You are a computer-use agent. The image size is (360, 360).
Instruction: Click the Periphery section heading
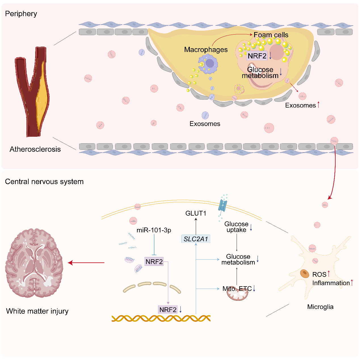pos(21,14)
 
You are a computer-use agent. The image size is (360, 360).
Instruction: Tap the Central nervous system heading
pos(44,182)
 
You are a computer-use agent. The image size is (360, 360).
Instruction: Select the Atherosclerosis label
pos(35,149)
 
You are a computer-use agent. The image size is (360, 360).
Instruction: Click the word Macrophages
pos(206,50)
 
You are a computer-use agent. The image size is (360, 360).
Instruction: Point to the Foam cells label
pos(271,35)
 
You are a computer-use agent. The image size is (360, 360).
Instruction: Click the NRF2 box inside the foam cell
pos(257,56)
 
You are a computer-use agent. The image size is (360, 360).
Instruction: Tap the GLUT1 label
pos(196,213)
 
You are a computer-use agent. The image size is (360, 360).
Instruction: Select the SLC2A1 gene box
pos(196,239)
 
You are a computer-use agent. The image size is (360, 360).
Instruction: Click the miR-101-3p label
pos(154,230)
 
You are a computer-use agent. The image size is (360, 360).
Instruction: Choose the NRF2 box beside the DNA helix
pos(168,310)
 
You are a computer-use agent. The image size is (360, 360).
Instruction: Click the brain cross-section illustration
pos(34,263)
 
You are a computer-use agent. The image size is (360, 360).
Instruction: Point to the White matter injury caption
pos(37,311)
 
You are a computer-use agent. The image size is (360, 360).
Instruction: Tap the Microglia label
pos(320,307)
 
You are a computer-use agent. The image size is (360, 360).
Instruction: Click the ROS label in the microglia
pos(319,275)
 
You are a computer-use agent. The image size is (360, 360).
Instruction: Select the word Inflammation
pos(331,283)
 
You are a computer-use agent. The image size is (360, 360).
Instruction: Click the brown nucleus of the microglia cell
pos(305,274)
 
